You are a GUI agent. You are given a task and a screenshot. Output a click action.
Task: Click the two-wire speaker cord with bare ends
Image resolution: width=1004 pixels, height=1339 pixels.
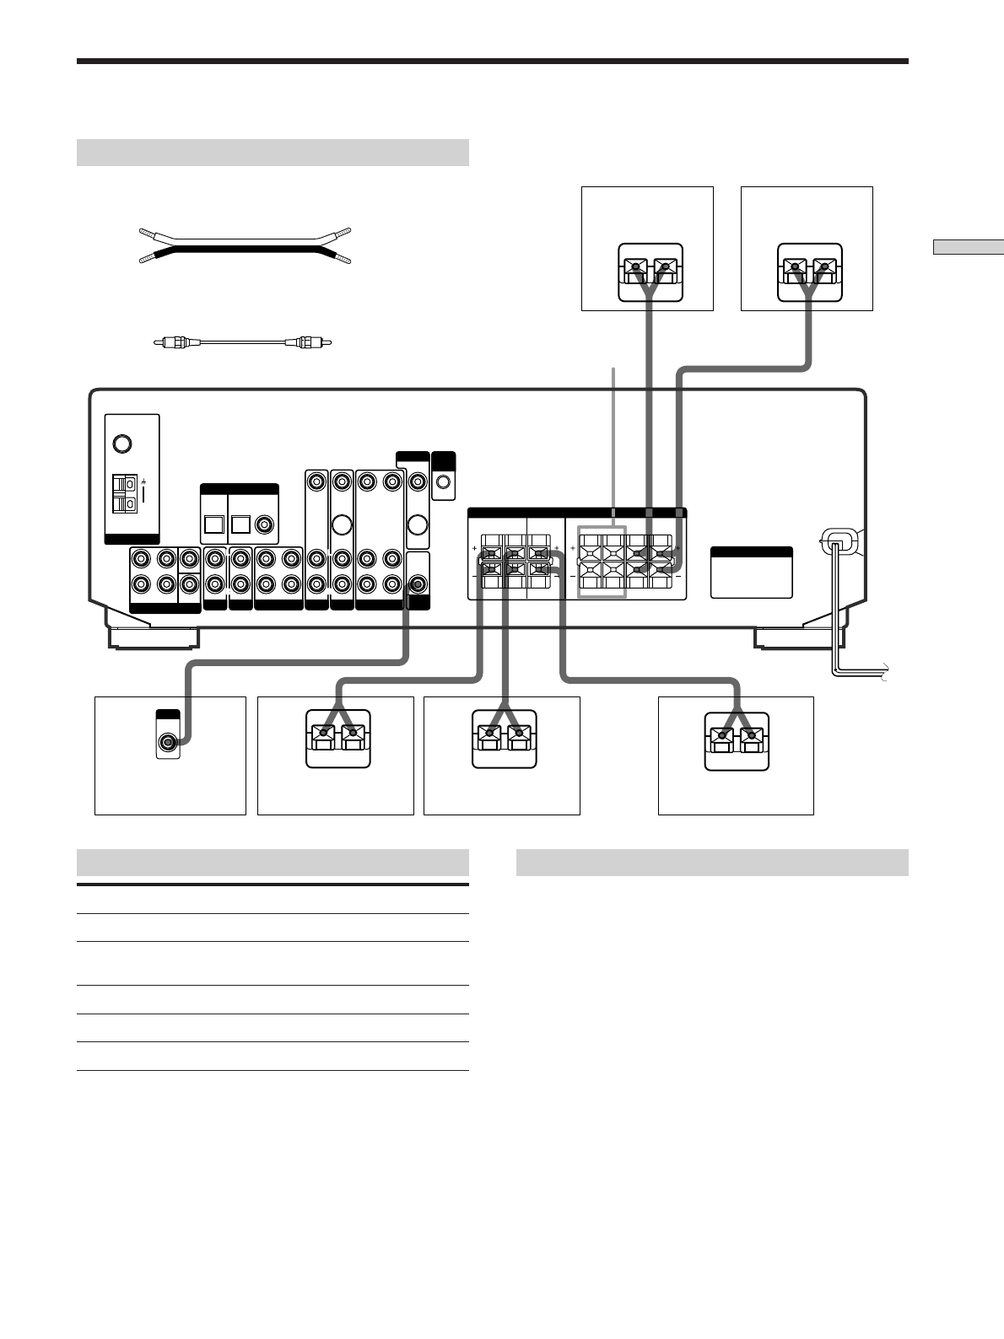245,245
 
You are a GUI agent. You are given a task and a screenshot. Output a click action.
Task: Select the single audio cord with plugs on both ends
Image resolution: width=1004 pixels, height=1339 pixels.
243,342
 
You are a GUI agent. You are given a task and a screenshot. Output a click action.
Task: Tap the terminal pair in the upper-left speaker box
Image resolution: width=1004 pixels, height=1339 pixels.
648,272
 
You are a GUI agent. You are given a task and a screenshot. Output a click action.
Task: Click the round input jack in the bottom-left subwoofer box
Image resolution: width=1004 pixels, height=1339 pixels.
168,742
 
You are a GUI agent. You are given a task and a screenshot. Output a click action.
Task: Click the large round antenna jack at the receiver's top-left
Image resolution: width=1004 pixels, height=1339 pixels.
121,442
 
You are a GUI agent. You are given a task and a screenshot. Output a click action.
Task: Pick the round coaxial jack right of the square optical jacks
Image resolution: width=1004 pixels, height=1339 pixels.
266,524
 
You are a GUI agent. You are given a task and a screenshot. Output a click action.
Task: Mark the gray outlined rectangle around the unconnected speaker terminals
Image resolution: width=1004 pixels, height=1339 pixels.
602,562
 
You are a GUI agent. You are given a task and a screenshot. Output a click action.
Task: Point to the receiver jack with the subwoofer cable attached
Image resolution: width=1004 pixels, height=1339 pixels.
417,583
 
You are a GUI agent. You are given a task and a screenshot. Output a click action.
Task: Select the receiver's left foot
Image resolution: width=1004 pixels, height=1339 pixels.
153,637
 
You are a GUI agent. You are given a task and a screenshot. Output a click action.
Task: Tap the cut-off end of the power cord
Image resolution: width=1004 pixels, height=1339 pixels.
883,672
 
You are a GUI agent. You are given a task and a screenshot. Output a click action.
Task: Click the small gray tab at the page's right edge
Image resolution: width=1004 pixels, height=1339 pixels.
968,247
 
